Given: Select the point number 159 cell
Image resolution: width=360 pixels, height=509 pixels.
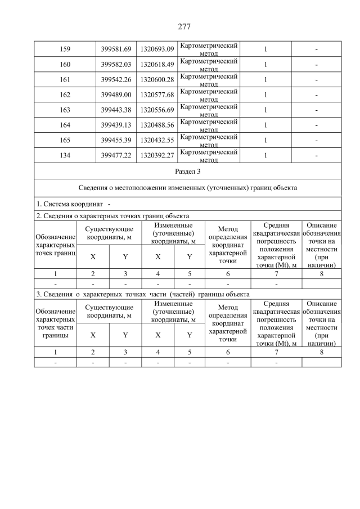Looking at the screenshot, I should coord(65,49).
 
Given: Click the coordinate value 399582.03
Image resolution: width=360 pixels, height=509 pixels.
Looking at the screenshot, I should coord(116,65).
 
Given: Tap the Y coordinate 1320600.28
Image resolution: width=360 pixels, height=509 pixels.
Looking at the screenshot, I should coord(157,80).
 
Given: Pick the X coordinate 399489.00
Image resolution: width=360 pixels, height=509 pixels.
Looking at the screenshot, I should coord(116,95).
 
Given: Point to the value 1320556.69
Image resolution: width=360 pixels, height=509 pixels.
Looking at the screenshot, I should coord(157,110).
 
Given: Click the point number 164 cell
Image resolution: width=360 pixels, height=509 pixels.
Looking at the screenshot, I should coord(65,125).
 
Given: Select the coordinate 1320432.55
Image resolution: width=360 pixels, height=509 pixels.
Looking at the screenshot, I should coord(157,141).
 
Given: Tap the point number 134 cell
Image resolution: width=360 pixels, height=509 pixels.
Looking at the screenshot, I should coord(65,156).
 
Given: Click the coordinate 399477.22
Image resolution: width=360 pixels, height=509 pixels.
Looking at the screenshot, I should coord(116,156).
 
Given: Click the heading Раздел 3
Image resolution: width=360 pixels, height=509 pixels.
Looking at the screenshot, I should coord(187,171).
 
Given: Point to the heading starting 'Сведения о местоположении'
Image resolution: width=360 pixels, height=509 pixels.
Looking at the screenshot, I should coord(187,188).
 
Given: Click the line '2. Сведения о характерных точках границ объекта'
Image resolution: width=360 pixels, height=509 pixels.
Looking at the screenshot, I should coord(112,215).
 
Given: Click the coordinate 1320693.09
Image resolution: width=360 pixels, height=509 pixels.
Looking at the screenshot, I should coord(157,49).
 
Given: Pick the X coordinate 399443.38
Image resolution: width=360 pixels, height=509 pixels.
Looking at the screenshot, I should coord(116,110).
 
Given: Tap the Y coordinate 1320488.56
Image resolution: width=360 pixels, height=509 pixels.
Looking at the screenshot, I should coord(157,125).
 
